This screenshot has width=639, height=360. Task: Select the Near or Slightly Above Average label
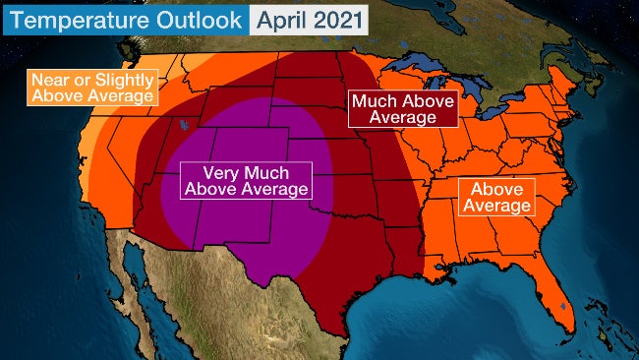[x=93, y=88]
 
